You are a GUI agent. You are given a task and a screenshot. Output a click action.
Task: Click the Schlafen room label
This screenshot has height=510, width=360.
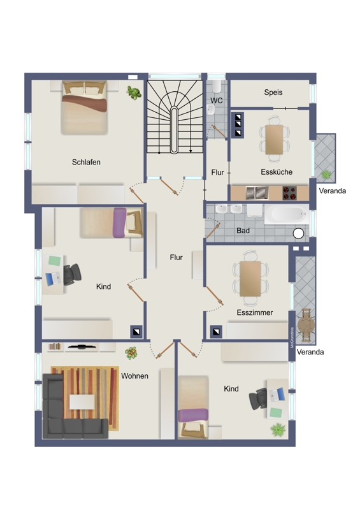point(86,162)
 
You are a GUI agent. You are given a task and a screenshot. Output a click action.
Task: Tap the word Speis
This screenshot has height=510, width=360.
point(273,92)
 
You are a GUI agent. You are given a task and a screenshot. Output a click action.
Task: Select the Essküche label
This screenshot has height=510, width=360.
point(277,171)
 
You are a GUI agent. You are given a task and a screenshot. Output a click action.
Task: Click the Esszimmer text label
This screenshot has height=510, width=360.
point(255,312)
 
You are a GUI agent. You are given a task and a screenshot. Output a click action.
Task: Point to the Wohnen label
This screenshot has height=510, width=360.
point(134,376)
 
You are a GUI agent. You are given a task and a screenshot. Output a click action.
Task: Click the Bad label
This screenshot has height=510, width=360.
point(243,231)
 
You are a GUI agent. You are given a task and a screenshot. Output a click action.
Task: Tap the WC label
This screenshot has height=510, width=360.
point(217,101)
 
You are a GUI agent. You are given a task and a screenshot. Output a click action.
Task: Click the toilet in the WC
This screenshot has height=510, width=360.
point(216,86)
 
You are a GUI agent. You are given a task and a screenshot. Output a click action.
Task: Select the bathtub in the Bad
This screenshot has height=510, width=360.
point(287,214)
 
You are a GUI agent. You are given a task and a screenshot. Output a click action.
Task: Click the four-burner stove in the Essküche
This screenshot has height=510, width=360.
point(289,193)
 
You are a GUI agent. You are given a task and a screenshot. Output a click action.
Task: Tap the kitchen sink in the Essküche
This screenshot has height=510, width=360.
point(257,193)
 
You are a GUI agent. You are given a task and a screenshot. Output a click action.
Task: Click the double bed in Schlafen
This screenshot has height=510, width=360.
point(84,107)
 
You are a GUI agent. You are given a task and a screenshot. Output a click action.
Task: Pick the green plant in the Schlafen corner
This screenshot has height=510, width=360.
point(134,92)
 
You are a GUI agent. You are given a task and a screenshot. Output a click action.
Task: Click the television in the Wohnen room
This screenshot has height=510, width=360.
point(82,347)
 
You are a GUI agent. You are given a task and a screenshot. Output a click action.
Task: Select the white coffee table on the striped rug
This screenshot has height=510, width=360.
point(82,402)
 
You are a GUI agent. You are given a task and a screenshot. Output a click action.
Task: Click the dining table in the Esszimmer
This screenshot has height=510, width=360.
point(250,279)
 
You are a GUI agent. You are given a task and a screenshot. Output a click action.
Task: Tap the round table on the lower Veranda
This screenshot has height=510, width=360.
point(306,325)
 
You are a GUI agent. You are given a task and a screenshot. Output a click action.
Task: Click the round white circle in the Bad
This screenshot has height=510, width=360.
point(298,233)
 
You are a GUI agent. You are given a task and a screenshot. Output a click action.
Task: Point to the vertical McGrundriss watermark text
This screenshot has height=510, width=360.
point(292,338)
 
